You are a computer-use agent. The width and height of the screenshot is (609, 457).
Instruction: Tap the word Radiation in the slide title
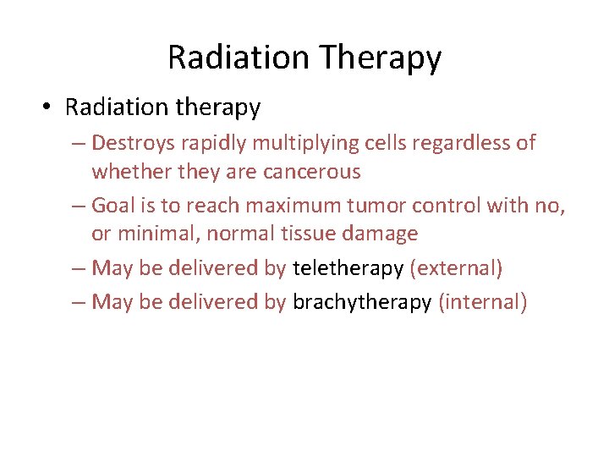point(239,58)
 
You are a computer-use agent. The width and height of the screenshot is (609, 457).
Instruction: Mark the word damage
point(387,234)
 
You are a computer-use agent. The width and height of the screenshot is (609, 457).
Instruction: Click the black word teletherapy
point(348,269)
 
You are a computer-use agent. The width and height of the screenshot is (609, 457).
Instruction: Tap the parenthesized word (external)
point(456,269)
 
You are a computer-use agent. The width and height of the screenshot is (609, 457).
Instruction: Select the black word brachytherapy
point(362,302)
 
